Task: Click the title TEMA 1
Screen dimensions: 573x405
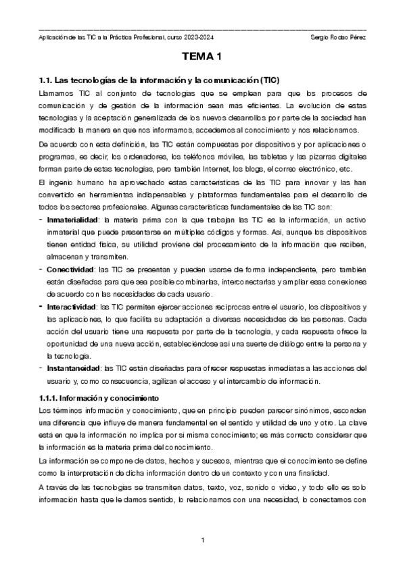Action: [x=202, y=59]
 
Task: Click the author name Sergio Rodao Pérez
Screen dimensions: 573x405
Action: [x=336, y=36]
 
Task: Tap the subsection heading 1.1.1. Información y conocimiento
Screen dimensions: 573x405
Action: [x=99, y=399]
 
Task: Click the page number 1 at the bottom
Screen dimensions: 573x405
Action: [x=203, y=541]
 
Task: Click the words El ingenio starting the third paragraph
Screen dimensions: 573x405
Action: [x=55, y=182]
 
